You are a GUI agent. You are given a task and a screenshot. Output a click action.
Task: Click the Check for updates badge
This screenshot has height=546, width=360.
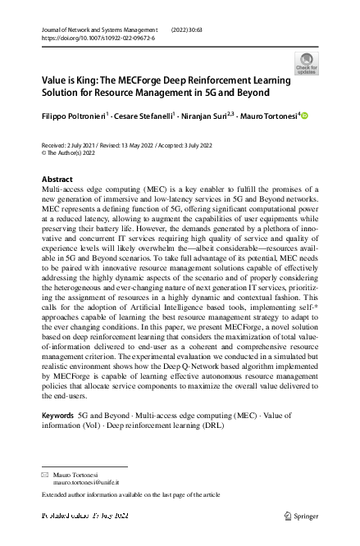point(307,63)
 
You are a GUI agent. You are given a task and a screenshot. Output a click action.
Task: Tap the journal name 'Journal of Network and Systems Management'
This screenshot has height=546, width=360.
point(101,29)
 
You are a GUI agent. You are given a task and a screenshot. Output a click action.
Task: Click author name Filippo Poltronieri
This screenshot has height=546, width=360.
point(73,116)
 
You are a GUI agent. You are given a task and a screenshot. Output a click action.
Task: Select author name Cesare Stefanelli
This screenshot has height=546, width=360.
point(141,116)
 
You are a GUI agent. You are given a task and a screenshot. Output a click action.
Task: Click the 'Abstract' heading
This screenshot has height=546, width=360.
point(57,179)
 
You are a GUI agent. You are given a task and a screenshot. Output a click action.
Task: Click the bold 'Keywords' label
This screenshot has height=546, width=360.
point(57,416)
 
